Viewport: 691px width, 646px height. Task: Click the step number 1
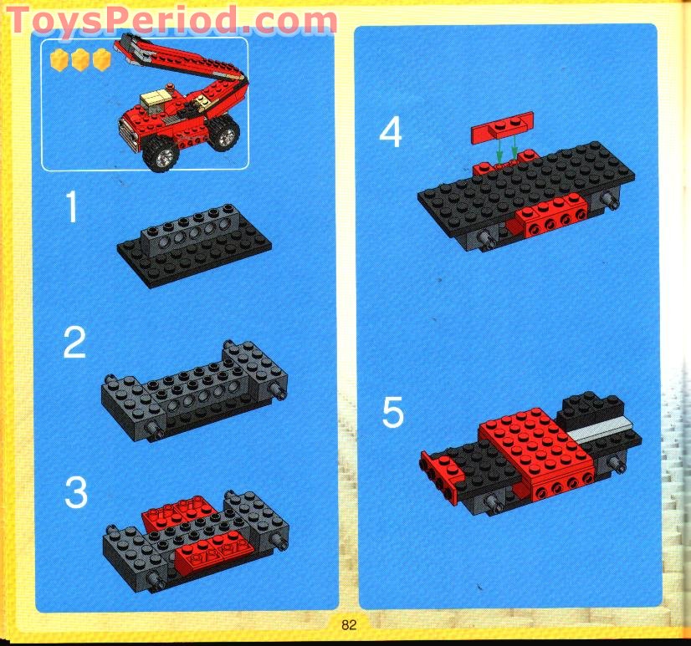tap(73, 208)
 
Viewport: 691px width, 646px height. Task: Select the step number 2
tap(74, 342)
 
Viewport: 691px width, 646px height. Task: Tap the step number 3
tap(75, 492)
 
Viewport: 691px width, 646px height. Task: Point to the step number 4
tap(391, 131)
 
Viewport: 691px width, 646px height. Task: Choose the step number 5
tap(392, 413)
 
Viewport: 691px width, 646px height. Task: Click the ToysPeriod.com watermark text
tap(171, 19)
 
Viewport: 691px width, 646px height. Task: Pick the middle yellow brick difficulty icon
tap(80, 59)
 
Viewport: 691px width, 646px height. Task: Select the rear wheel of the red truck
tap(223, 135)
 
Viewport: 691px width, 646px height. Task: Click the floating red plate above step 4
tap(503, 125)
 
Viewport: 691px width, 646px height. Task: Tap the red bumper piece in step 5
tap(441, 472)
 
